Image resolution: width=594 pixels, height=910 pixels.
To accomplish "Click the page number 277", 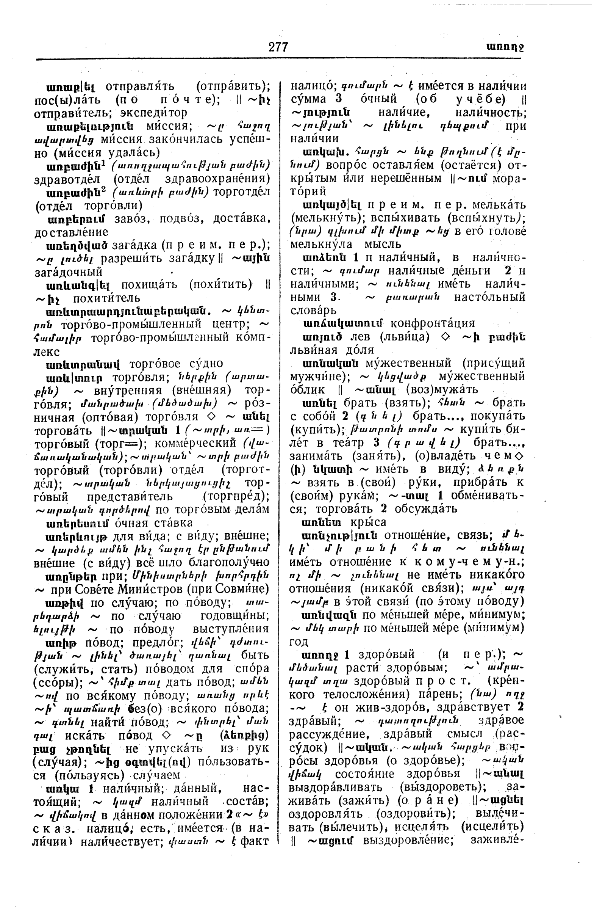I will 278,47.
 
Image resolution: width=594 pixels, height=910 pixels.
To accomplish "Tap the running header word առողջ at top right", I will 505,47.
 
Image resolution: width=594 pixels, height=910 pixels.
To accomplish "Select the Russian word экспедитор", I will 153,113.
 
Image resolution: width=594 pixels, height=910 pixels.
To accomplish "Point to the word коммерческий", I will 198,443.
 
